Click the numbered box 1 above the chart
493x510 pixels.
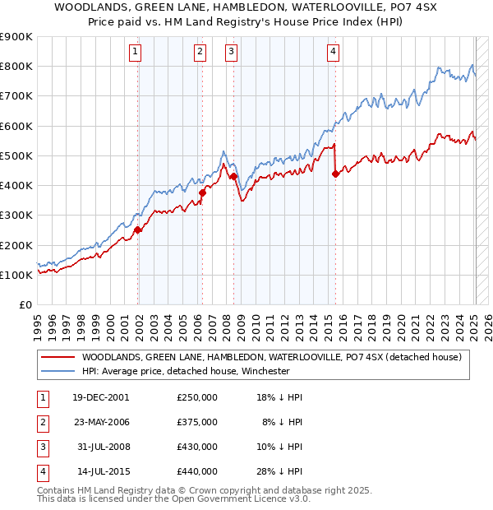coord(136,51)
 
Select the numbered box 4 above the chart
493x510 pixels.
coord(333,51)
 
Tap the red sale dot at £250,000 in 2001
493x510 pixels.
coord(138,230)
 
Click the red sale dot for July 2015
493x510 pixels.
coord(335,174)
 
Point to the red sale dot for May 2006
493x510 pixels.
coord(202,192)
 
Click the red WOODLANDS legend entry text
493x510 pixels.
coord(271,357)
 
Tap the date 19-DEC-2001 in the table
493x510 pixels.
coord(100,396)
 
